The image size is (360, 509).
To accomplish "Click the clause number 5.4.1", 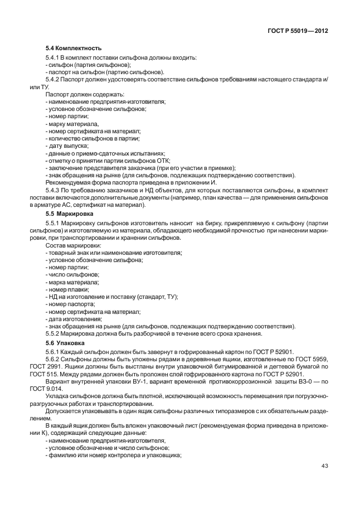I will (x=53, y=58).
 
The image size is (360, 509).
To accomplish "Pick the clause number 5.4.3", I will (x=53, y=190).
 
